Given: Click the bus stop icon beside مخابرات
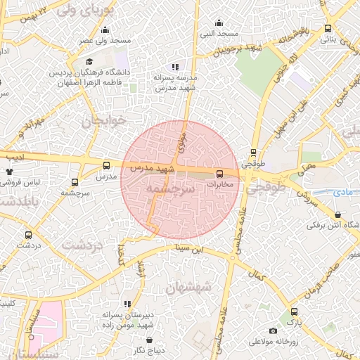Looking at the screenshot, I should pos(219,173).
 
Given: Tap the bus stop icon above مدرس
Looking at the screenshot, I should pos(106,166).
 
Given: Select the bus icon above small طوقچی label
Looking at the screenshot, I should pos(253,152).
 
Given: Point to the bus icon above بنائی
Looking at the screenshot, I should pos(328,29).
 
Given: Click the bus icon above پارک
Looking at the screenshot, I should pos(293,311).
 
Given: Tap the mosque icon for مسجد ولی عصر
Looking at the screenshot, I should pos(105,30).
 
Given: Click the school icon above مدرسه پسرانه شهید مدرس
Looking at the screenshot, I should pos(175,67).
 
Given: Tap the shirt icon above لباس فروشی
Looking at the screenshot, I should pos(9,171).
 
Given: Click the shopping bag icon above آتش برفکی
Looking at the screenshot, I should pos(338,214).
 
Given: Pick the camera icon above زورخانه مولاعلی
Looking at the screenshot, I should pos(273,331).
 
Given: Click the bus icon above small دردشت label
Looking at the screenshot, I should pos(28,236).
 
